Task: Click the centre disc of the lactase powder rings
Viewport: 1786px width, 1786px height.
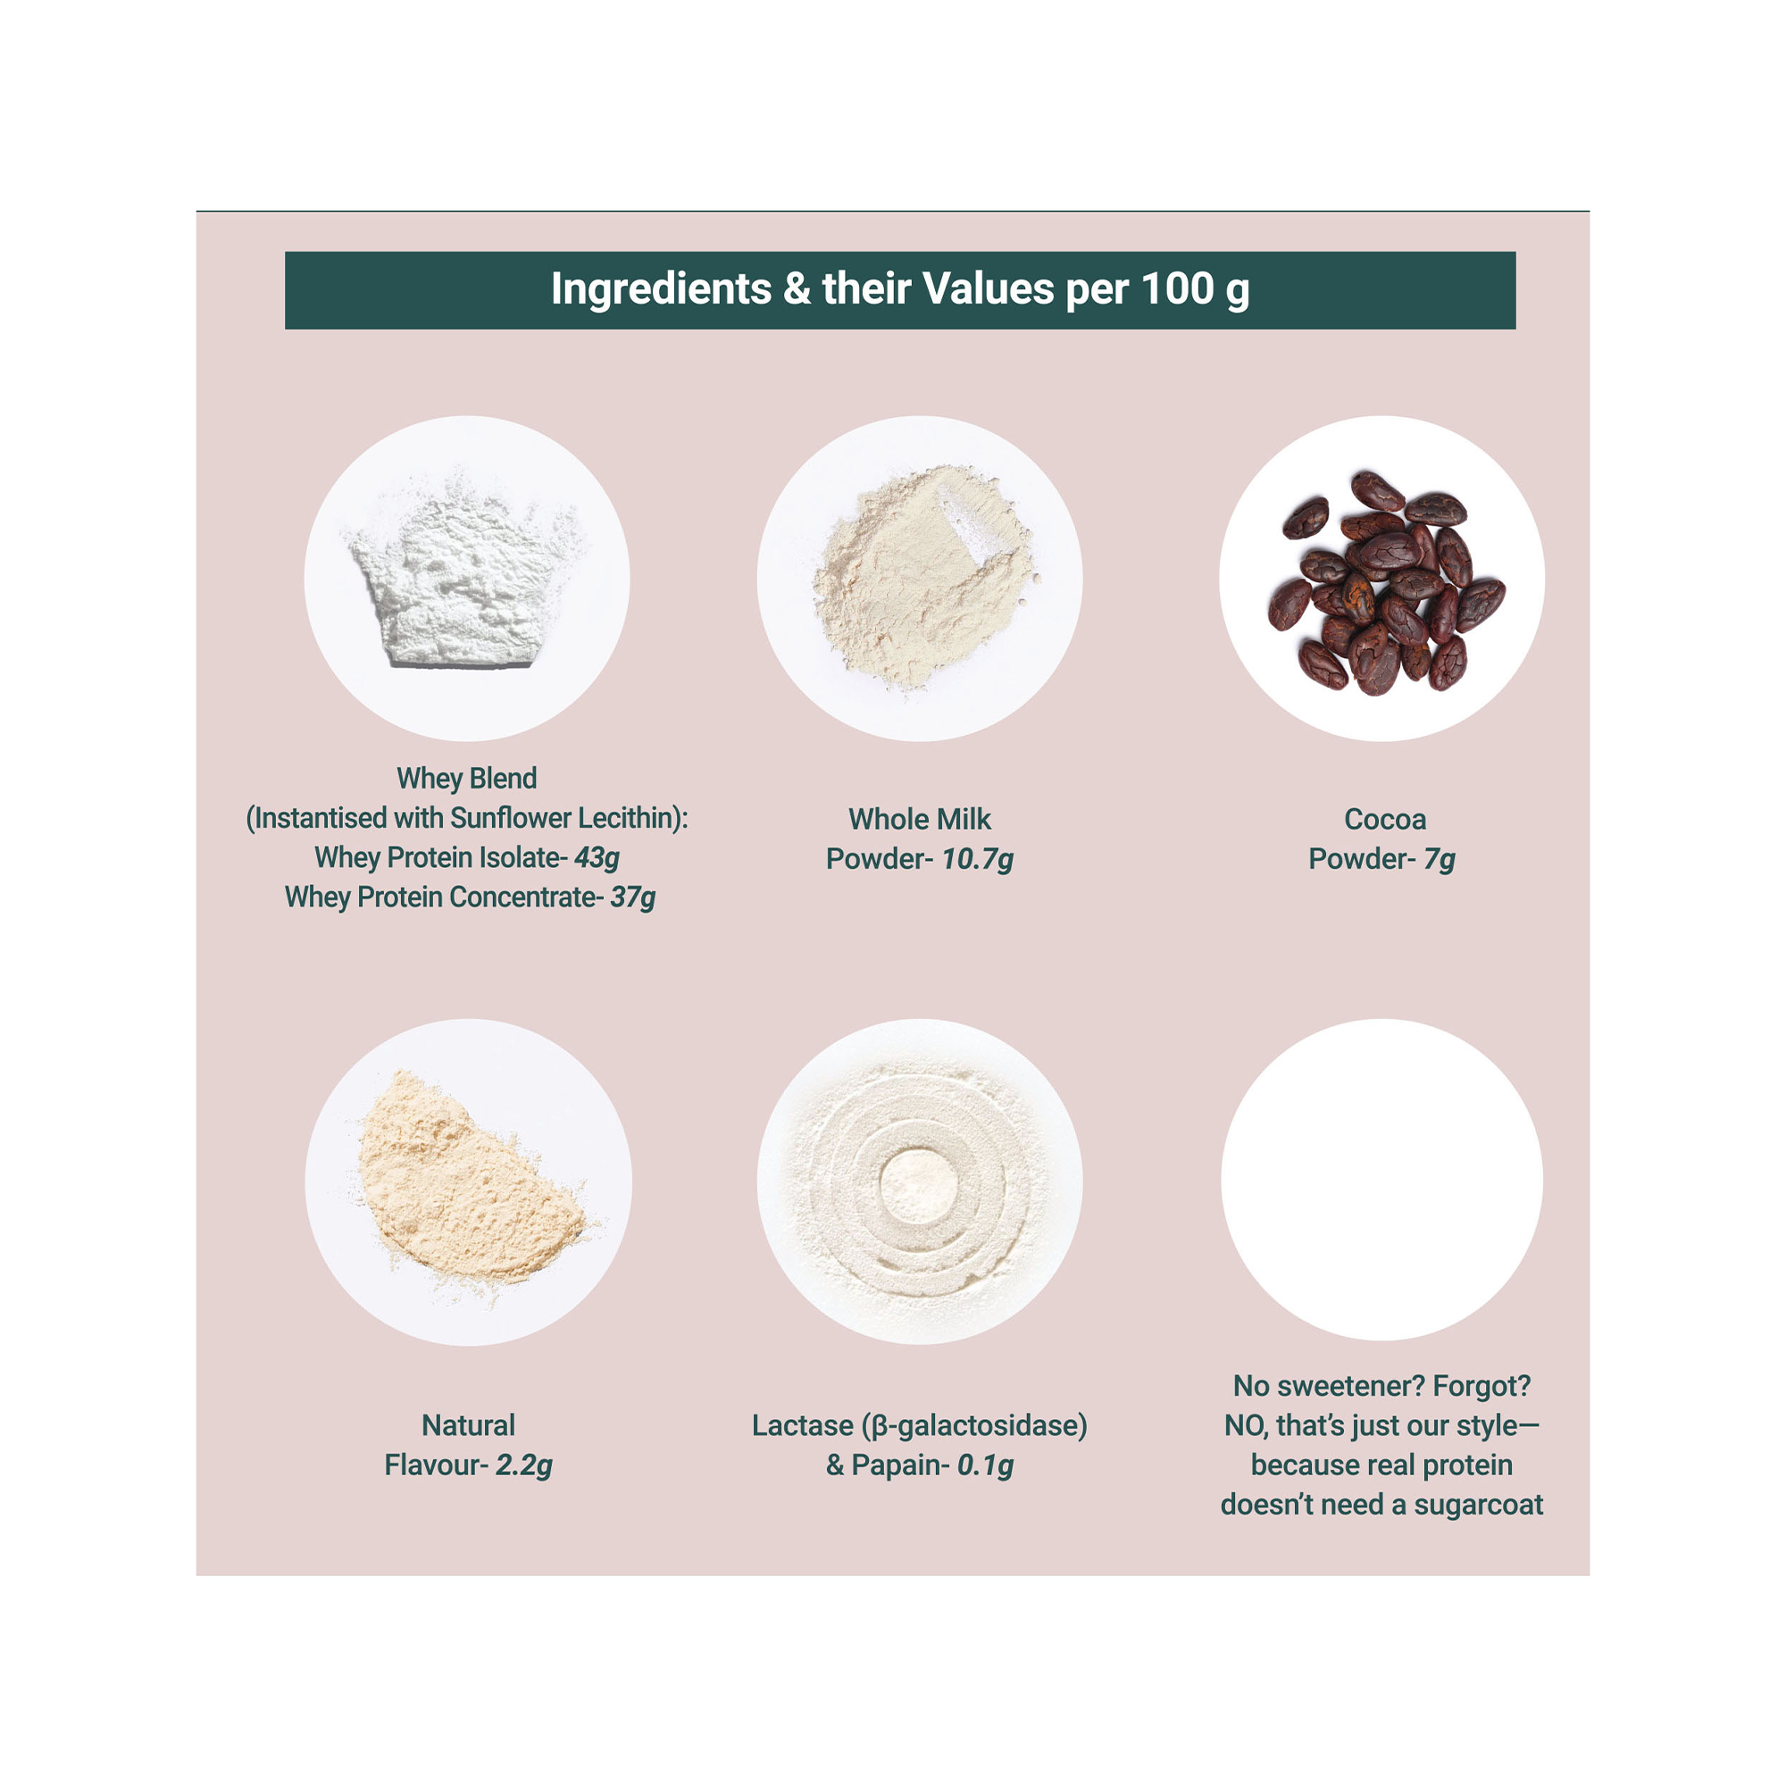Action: point(918,1186)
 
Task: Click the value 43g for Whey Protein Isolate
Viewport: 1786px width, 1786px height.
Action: point(597,859)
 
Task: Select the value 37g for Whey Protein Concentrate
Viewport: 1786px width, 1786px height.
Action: point(632,897)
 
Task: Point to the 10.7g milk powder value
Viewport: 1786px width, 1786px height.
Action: point(977,860)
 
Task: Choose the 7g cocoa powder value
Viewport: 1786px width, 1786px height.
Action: point(1440,860)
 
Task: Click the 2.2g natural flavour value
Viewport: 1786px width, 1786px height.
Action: point(523,1465)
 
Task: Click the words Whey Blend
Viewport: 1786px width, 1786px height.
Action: point(466,779)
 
